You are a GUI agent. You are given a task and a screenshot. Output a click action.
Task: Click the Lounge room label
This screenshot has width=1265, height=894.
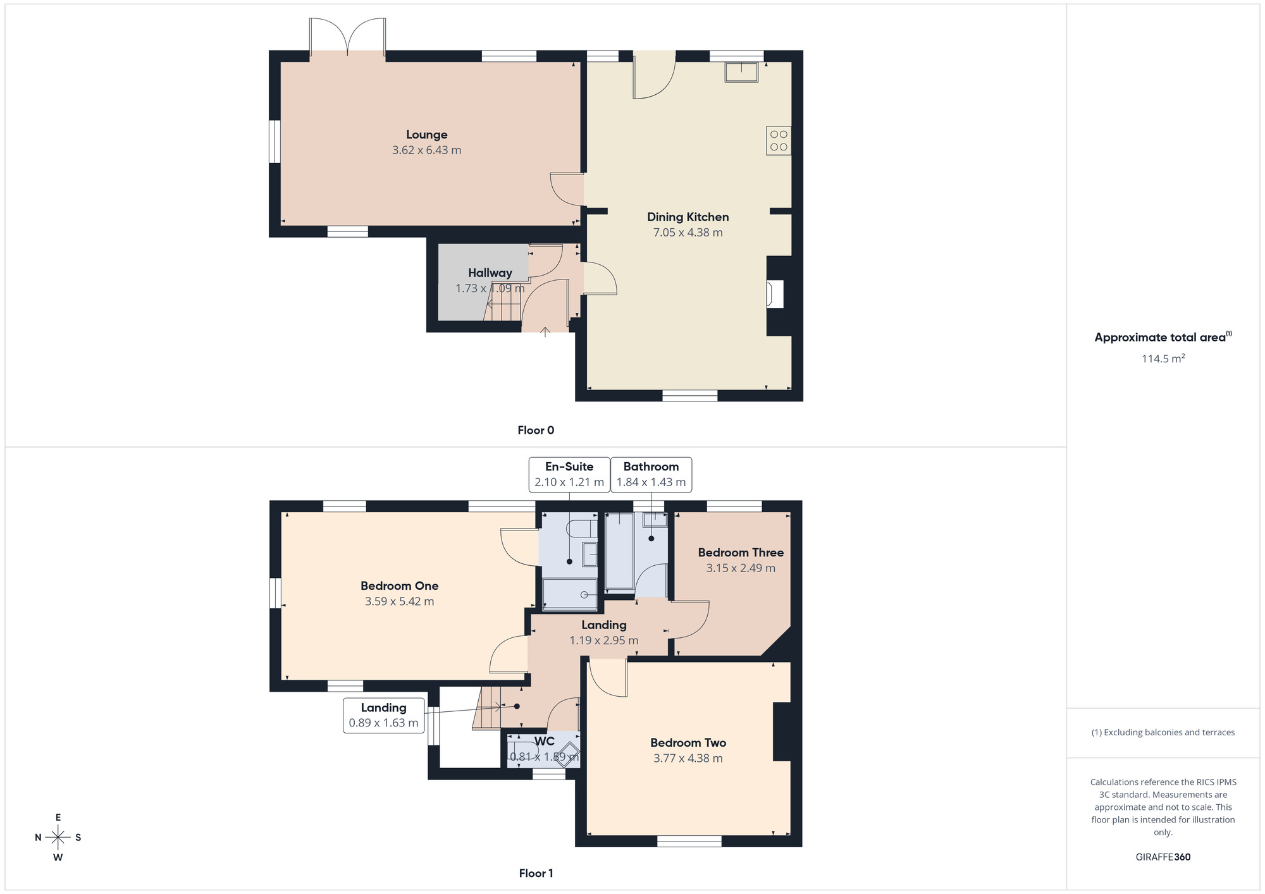pos(426,135)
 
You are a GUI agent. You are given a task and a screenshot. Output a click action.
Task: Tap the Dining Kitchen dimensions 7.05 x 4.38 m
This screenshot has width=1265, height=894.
pos(688,233)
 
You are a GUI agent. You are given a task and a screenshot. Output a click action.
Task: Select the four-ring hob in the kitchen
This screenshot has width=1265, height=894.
pos(779,140)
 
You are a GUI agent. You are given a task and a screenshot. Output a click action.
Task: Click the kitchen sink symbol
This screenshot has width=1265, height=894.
pos(741,72)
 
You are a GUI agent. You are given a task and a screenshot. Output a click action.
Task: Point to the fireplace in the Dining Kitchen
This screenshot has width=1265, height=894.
pos(775,294)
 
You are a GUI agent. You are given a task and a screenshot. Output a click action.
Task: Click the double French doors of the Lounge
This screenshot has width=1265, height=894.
pos(347,38)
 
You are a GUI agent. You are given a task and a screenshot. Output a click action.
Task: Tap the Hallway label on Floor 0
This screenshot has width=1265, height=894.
pos(490,273)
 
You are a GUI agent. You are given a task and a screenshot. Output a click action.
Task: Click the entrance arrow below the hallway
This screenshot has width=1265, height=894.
pos(545,331)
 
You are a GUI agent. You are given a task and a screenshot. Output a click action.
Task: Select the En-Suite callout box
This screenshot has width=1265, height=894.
pos(569,474)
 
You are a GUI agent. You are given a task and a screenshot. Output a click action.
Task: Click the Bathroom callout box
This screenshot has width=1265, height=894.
pos(651,474)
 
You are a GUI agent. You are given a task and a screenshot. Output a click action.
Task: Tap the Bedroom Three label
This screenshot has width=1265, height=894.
pos(741,553)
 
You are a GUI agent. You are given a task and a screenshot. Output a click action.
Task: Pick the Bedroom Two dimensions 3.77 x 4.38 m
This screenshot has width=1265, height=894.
pos(688,758)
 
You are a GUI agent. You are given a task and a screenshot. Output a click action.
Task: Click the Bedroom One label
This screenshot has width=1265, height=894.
pos(399,586)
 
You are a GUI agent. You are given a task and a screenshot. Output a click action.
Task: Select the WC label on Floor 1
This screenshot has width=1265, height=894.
pos(544,741)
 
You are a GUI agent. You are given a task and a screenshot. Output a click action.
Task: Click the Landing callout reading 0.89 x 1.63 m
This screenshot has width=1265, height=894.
pos(383,715)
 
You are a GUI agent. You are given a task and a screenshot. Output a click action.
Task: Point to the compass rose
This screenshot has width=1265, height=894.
pos(58,838)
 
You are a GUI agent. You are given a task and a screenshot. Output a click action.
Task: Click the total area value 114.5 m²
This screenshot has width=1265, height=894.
pos(1163,358)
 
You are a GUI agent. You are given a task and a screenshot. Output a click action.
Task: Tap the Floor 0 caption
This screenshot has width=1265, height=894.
pos(535,431)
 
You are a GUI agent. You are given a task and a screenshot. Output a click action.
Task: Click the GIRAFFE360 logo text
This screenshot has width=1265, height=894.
pos(1163,857)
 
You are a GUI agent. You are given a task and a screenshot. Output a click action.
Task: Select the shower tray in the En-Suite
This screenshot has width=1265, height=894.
pos(569,594)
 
